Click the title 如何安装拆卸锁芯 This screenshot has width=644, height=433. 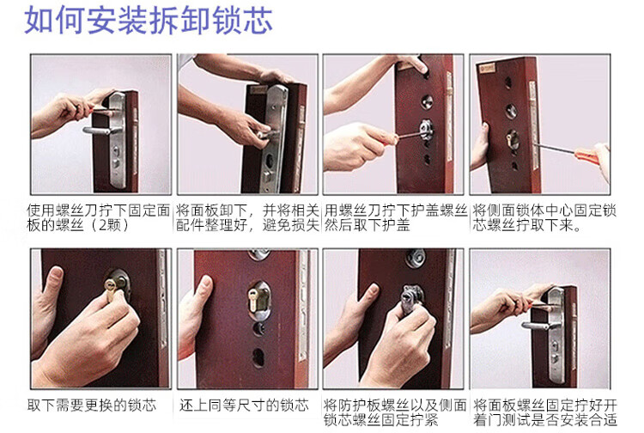[x=149, y=20]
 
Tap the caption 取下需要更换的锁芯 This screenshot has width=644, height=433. [x=92, y=405]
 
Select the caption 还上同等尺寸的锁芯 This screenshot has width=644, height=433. [x=244, y=405]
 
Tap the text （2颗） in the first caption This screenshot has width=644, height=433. [x=110, y=225]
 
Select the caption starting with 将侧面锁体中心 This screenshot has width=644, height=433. [x=544, y=217]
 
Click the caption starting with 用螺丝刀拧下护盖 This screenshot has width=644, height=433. [x=396, y=217]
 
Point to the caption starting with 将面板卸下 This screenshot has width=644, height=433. [x=247, y=217]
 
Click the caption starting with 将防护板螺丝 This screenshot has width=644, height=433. [x=395, y=412]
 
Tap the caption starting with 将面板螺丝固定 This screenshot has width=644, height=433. [x=545, y=412]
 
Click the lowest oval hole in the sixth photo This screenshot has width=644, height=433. [x=258, y=357]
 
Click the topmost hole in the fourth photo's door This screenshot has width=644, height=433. [x=507, y=83]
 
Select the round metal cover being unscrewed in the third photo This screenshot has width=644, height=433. [x=426, y=130]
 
